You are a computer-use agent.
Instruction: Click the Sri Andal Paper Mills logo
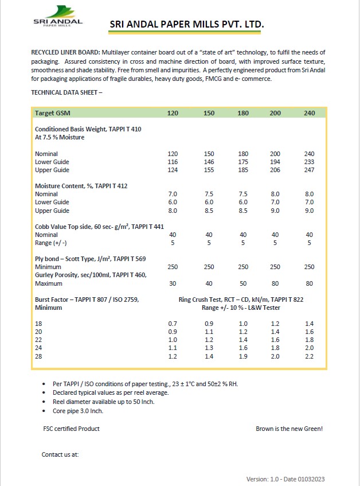(57, 17)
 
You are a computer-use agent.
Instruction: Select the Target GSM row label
(53, 113)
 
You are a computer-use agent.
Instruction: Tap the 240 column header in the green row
(310, 113)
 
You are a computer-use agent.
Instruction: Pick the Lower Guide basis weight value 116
(173, 162)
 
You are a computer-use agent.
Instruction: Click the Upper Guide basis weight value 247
(310, 170)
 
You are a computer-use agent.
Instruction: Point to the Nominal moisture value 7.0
(173, 195)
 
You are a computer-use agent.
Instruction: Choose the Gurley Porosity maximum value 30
(173, 283)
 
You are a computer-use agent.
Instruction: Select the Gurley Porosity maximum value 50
(243, 283)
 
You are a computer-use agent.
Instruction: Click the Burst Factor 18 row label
(39, 324)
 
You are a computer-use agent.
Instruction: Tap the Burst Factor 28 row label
(39, 356)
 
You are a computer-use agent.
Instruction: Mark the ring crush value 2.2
(310, 356)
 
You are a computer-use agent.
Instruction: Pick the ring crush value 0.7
(173, 324)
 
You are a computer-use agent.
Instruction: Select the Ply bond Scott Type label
(90, 259)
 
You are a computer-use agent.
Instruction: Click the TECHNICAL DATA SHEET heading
(66, 92)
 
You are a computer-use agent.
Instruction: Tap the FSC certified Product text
(72, 429)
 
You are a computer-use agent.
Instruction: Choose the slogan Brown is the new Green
(293, 429)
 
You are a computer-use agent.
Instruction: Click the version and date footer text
(288, 479)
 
